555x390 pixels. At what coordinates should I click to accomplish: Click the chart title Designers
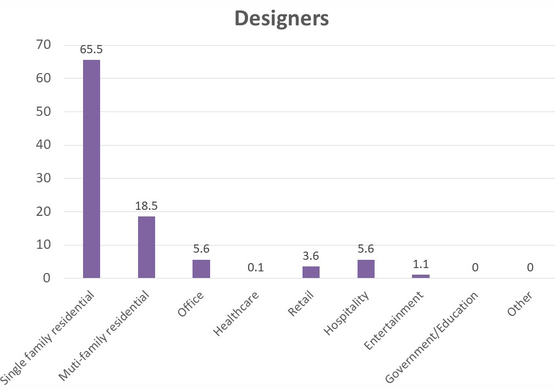pyautogui.click(x=281, y=18)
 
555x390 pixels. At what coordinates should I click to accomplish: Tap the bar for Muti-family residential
pyautogui.click(x=146, y=247)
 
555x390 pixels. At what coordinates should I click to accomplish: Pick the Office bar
pyautogui.click(x=201, y=269)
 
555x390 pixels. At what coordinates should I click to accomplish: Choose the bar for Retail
pyautogui.click(x=311, y=272)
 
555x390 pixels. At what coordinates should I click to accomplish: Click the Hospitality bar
pyautogui.click(x=366, y=269)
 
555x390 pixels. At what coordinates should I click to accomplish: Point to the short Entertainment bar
pyautogui.click(x=421, y=276)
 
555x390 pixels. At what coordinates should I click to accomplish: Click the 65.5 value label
pyautogui.click(x=91, y=49)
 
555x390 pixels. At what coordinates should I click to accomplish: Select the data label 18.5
pyautogui.click(x=146, y=206)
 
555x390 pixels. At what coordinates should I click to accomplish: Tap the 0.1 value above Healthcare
pyautogui.click(x=256, y=268)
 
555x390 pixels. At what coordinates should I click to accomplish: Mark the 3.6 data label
pyautogui.click(x=311, y=256)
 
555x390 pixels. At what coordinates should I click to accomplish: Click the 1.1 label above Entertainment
pyautogui.click(x=421, y=264)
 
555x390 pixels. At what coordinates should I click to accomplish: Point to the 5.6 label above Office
pyautogui.click(x=201, y=249)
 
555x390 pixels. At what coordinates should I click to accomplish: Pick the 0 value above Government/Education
pyautogui.click(x=475, y=268)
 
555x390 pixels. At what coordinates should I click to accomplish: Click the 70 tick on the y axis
pyautogui.click(x=44, y=45)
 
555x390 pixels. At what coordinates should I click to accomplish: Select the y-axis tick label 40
pyautogui.click(x=44, y=145)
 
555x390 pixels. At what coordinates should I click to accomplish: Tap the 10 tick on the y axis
pyautogui.click(x=44, y=245)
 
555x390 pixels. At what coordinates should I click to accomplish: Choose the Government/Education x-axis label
pyautogui.click(x=432, y=337)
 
